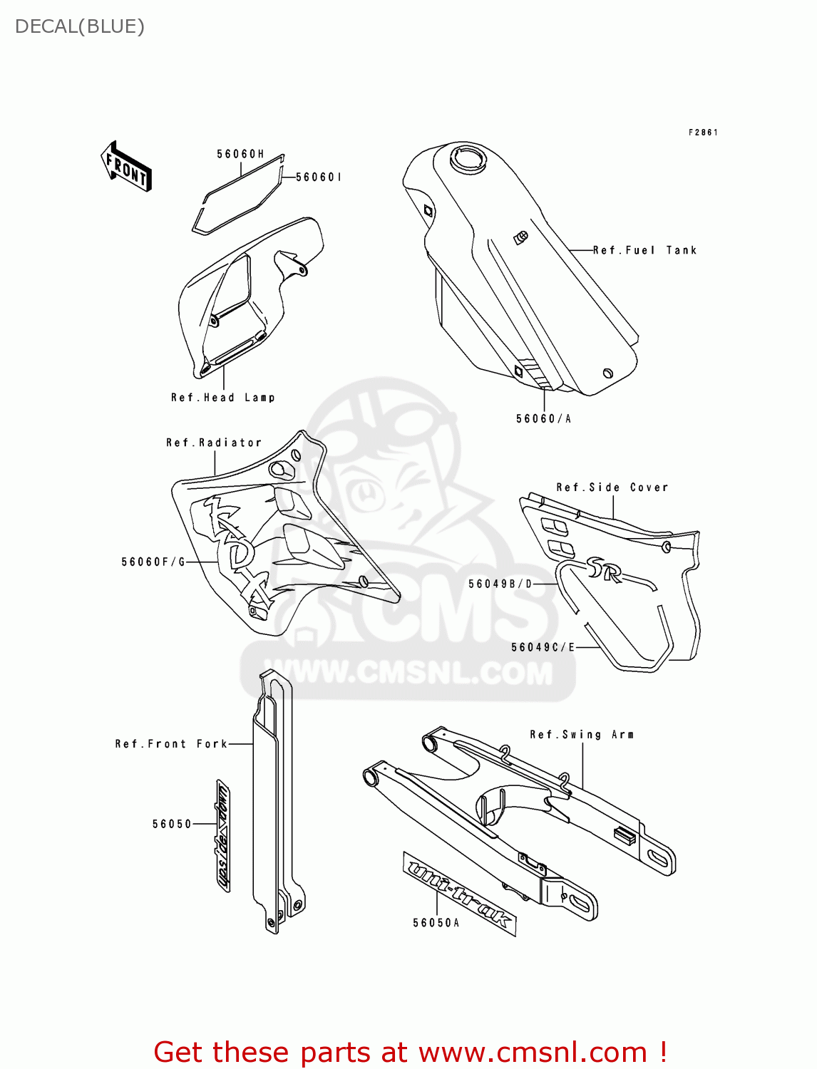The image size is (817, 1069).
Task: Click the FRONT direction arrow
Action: pyautogui.click(x=126, y=166)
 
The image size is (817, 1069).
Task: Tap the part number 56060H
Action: pyautogui.click(x=240, y=154)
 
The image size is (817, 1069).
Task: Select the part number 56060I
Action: pyautogui.click(x=318, y=177)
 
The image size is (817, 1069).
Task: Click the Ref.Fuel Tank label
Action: pyautogui.click(x=644, y=250)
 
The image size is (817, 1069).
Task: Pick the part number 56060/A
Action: pyautogui.click(x=543, y=419)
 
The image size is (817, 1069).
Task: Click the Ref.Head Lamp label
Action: pyautogui.click(x=222, y=398)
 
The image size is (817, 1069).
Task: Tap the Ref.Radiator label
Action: pyautogui.click(x=214, y=443)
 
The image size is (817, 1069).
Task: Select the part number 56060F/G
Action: pyautogui.click(x=153, y=562)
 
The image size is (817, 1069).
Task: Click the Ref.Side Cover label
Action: pyautogui.click(x=612, y=487)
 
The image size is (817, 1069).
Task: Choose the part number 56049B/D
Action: pyautogui.click(x=500, y=584)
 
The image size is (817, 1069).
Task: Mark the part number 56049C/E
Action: pyautogui.click(x=543, y=647)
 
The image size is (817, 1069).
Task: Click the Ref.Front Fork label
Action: pyautogui.click(x=172, y=744)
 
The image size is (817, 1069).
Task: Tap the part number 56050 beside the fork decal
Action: pyautogui.click(x=172, y=825)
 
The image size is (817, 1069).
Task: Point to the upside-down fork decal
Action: pyautogui.click(x=223, y=835)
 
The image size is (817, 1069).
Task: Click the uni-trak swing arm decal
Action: pyautogui.click(x=459, y=892)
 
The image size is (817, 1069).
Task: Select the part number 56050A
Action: pyautogui.click(x=436, y=923)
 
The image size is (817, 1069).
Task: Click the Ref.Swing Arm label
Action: pyautogui.click(x=582, y=735)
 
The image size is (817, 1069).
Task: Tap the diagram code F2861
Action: pyautogui.click(x=703, y=133)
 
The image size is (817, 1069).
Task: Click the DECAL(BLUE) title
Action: pyautogui.click(x=80, y=27)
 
